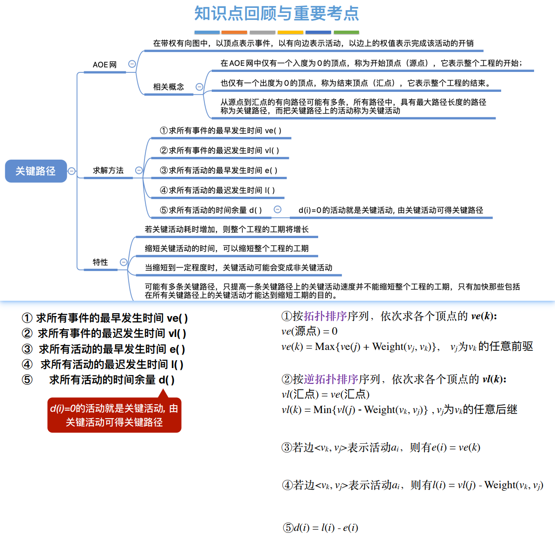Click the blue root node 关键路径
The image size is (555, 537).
pyautogui.click(x=36, y=171)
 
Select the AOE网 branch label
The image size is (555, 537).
pyautogui.click(x=104, y=65)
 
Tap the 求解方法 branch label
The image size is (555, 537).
pyautogui.click(x=108, y=170)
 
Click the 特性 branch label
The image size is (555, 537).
pyautogui.click(x=100, y=262)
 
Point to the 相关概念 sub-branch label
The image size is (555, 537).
pyautogui.click(x=169, y=87)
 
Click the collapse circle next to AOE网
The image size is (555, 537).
pyautogui.click(x=132, y=64)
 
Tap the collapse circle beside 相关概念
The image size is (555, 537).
pyautogui.click(x=199, y=87)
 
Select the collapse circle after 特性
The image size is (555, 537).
pyautogui.click(x=124, y=262)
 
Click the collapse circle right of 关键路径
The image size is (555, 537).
pyautogui.click(x=72, y=171)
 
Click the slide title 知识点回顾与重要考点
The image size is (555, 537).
pyautogui.click(x=277, y=13)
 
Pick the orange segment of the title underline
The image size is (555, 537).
pyautogui.click(x=234, y=32)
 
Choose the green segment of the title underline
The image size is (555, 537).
pyautogui.click(x=346, y=32)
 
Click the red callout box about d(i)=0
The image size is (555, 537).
pyautogui.click(x=114, y=415)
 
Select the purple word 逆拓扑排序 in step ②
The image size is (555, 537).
pyautogui.click(x=331, y=379)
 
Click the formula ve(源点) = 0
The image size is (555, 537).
pyautogui.click(x=309, y=331)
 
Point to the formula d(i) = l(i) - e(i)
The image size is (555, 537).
pyautogui.click(x=320, y=528)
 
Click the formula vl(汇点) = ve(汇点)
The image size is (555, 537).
pyautogui.click(x=326, y=395)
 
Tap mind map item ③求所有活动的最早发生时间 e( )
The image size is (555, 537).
pyautogui.click(x=219, y=170)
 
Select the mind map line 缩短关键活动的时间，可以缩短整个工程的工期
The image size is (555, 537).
pyautogui.click(x=227, y=248)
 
